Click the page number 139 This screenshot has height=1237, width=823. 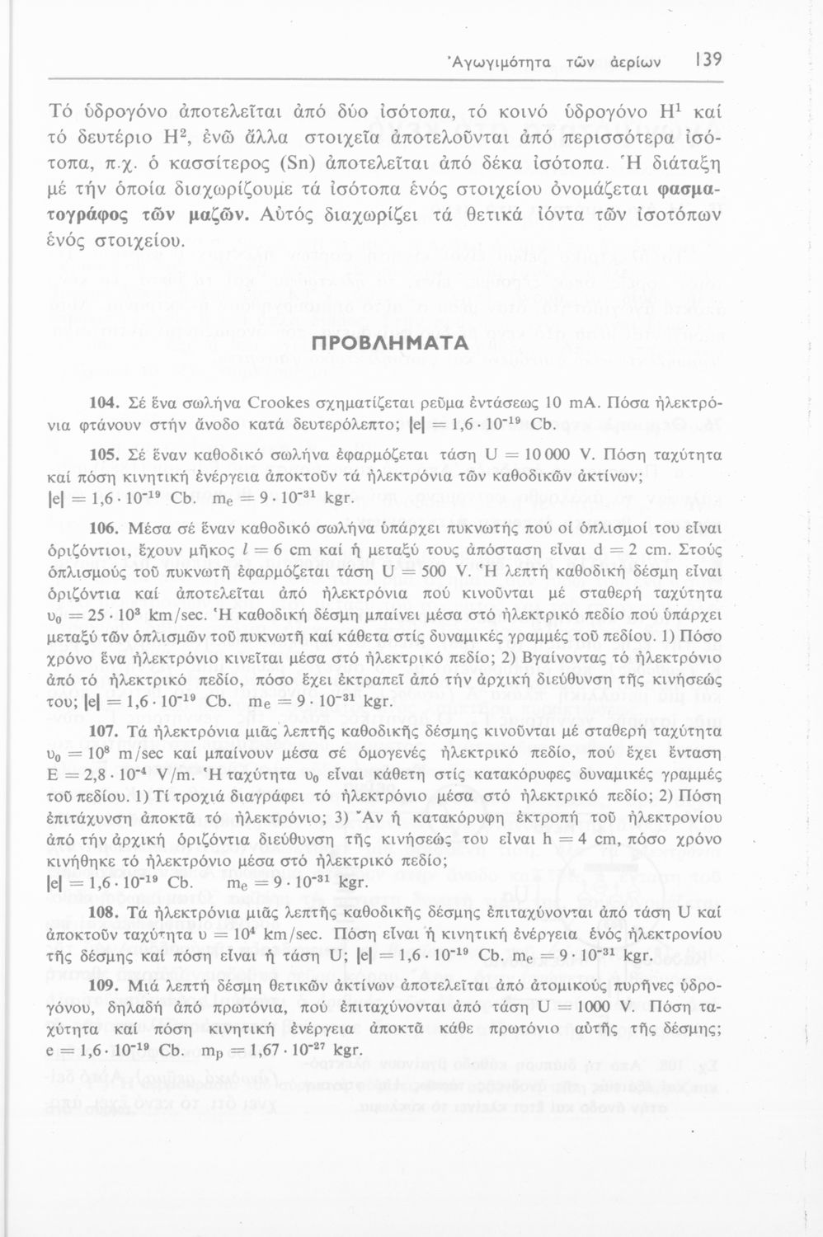click(x=708, y=59)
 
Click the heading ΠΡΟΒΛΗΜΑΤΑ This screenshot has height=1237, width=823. click(x=411, y=341)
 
